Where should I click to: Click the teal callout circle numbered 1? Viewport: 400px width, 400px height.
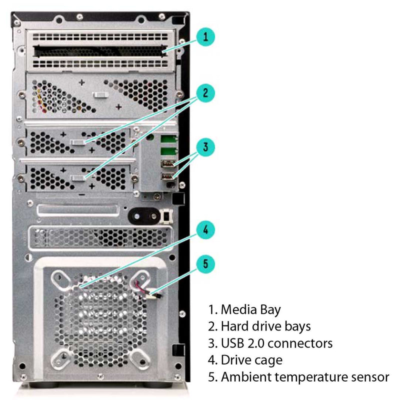pos(205,37)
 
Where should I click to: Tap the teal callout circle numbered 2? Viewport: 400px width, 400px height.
pos(205,93)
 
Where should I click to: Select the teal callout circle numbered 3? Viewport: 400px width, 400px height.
pos(205,147)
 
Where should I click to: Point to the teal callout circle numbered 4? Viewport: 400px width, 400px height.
pos(205,230)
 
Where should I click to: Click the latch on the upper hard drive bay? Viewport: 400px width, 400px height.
pos(78,142)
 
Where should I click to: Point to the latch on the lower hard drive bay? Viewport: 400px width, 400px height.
pos(78,178)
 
